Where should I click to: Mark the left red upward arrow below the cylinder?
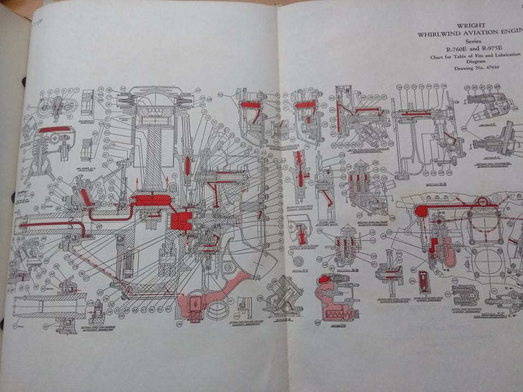click(137, 181)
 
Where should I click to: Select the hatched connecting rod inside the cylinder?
click(154, 147)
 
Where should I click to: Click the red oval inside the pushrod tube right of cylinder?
click(187, 166)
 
